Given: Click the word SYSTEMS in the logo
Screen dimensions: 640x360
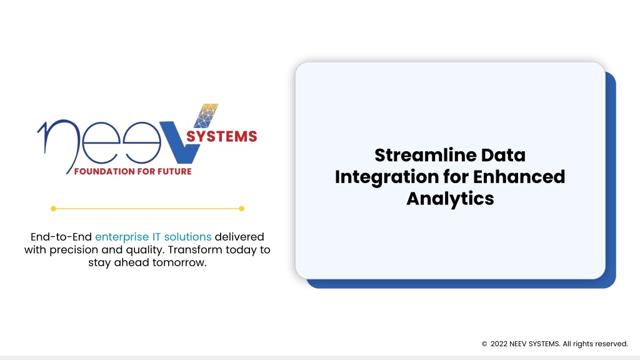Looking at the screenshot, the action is pos(222,136).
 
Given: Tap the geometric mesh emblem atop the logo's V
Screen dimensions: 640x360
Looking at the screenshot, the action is pos(206,116).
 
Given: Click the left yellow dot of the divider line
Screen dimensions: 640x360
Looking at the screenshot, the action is pos(54,209).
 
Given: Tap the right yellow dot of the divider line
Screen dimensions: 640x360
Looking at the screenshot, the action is pos(242,209).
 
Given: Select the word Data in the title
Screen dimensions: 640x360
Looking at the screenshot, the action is pos(503,155).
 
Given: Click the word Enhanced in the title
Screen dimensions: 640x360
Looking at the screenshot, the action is pos(519,177).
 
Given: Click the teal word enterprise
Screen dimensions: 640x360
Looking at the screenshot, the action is pos(122,237).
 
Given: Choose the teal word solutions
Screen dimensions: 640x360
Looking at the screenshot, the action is pos(187,237).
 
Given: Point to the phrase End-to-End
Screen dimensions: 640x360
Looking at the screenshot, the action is pos(61,237).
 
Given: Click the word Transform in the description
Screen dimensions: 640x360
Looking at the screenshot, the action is pos(195,249).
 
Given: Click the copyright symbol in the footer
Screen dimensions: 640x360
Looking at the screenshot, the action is pos(484,344).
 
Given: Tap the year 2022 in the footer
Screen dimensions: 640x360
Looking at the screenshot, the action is pos(499,344).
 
